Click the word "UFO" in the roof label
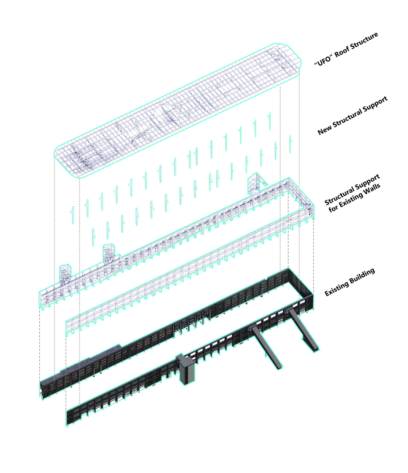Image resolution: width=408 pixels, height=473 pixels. click(x=323, y=61)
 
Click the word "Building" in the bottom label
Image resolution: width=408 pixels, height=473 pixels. click(x=362, y=276)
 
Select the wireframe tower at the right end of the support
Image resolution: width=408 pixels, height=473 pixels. click(x=255, y=183)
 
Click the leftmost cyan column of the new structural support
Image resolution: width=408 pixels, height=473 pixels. click(x=72, y=215)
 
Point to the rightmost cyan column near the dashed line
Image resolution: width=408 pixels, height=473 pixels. click(x=291, y=144)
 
